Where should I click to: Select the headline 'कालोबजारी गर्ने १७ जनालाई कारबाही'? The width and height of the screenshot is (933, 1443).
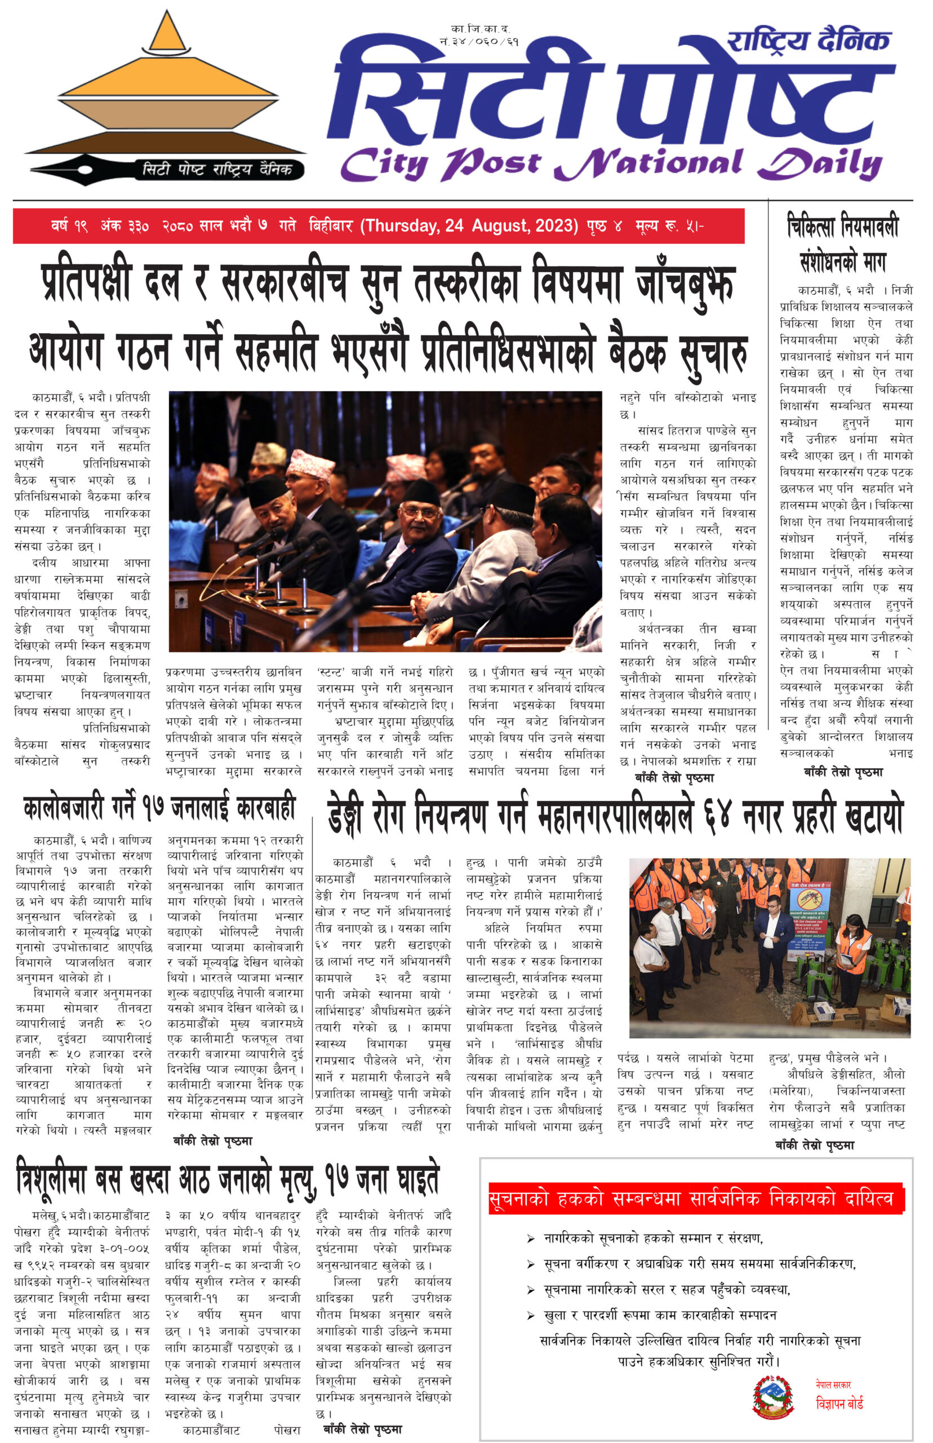pyautogui.click(x=159, y=808)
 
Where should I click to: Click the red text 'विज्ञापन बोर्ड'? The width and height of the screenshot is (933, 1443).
pyautogui.click(x=839, y=1403)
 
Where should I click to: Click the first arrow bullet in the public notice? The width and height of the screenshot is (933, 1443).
pyautogui.click(x=531, y=1239)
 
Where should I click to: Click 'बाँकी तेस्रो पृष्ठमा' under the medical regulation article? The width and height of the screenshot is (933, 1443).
pyautogui.click(x=843, y=772)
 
